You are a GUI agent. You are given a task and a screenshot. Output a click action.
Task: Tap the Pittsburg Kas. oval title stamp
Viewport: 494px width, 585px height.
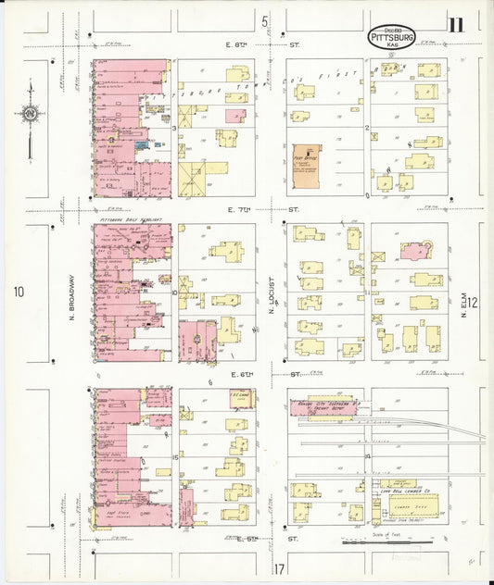tap(392, 38)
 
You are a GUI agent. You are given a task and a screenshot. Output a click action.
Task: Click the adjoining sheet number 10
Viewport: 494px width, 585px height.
tap(18, 292)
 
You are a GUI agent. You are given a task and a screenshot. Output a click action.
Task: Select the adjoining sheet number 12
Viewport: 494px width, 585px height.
tap(473, 302)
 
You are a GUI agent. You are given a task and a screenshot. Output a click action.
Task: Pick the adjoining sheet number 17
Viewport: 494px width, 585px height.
tap(277, 566)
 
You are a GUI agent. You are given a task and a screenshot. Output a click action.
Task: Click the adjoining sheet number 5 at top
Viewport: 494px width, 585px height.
tap(264, 21)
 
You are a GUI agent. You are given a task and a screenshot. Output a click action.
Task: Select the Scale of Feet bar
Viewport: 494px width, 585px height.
tap(371, 541)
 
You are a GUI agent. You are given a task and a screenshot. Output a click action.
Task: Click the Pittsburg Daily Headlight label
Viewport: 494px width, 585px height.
tap(131, 220)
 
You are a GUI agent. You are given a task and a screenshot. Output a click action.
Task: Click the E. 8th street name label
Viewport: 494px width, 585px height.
tap(237, 44)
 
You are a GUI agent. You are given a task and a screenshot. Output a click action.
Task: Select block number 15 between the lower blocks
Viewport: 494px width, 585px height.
tap(174, 457)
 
